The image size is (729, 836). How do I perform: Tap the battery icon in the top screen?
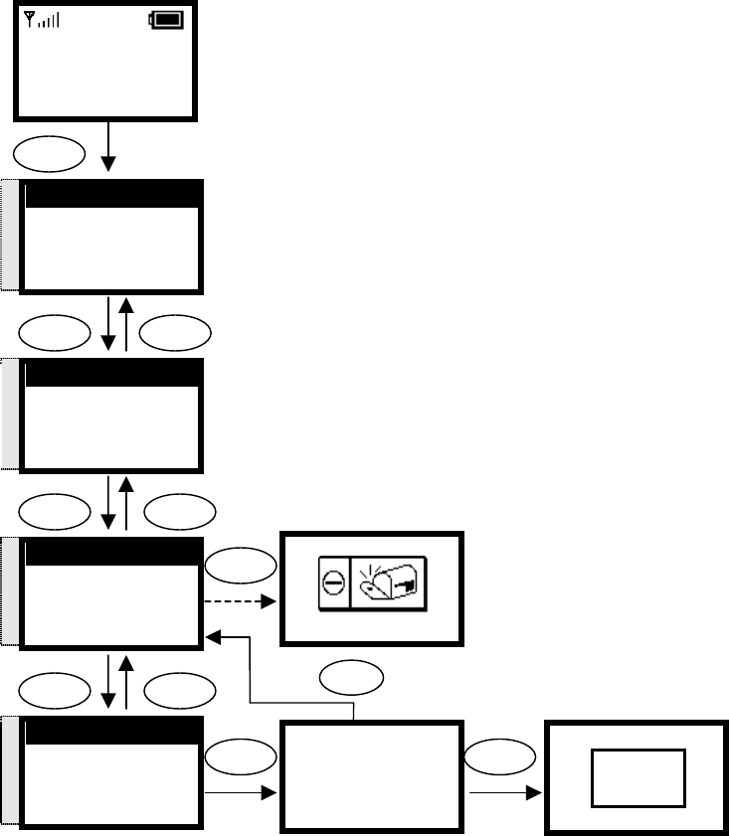(x=166, y=19)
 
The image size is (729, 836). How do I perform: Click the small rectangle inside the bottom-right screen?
(x=638, y=778)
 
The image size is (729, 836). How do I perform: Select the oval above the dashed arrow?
(x=241, y=566)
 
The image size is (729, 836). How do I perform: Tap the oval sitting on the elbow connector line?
(x=355, y=681)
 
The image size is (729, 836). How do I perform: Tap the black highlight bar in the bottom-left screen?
(x=111, y=732)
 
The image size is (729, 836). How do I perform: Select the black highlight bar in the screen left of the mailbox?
(x=111, y=553)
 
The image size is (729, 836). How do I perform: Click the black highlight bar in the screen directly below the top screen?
(x=111, y=195)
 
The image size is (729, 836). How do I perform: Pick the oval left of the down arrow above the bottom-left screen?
(x=50, y=688)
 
